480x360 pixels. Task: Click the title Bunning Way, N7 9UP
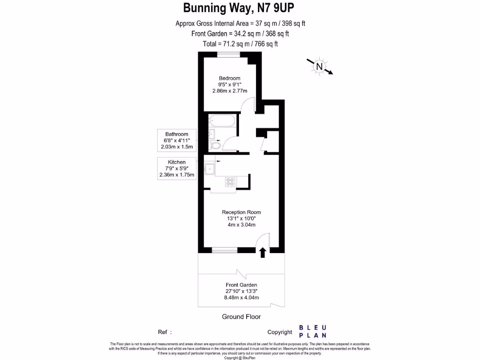coord(240,8)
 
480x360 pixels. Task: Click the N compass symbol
coord(319,67)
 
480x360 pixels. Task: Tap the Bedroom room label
coord(230,78)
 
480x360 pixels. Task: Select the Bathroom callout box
coord(176,141)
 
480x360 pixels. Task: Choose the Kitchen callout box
coord(177,169)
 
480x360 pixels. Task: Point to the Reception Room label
coord(241,212)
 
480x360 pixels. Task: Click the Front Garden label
coord(241,285)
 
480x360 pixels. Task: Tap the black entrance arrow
coord(262,253)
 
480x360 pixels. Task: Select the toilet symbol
coord(215,146)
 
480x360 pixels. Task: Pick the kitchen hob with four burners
coord(230,181)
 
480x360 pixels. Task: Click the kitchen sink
coord(209,168)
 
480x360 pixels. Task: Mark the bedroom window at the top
coord(229,53)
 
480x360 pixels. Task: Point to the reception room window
coord(224,250)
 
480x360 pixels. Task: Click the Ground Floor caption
coord(241,317)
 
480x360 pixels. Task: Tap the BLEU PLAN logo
coord(313,331)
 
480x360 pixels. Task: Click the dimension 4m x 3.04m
coord(241,225)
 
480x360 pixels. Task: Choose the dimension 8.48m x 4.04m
coord(241,297)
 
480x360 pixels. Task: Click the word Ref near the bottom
coord(163,332)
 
